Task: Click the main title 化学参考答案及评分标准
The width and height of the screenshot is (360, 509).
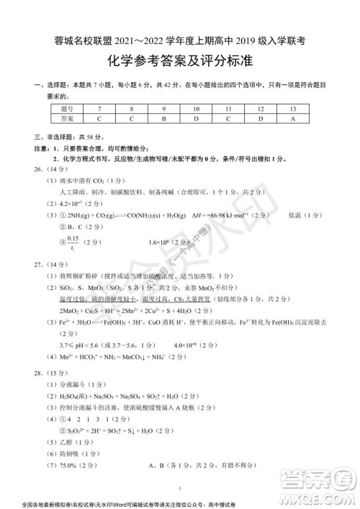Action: point(181,60)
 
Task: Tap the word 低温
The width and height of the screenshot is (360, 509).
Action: point(296,215)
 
